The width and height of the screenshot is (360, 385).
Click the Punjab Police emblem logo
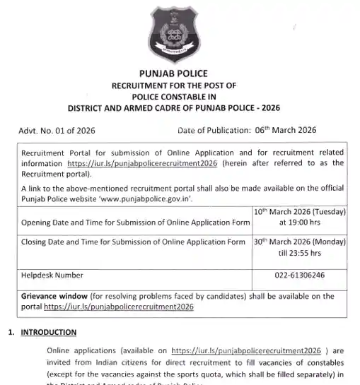(x=179, y=34)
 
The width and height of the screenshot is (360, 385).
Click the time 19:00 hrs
(x=300, y=223)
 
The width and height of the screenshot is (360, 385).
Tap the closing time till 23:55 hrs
(x=300, y=251)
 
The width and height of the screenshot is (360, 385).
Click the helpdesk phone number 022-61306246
(x=300, y=275)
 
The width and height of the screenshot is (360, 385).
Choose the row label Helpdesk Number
(x=53, y=275)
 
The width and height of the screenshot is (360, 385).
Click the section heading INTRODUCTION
(x=50, y=331)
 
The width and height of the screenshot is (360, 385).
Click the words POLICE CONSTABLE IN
(x=179, y=97)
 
